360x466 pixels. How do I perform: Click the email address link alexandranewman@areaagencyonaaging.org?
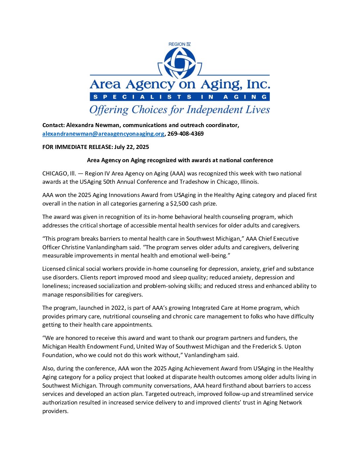pos(103,134)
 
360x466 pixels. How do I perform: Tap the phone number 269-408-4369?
pos(185,134)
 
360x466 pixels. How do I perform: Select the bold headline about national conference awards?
pos(180,160)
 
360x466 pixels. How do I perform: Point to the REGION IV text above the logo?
pos(179,44)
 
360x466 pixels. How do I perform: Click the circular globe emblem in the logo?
pos(180,63)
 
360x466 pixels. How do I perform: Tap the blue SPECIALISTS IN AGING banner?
pos(180,97)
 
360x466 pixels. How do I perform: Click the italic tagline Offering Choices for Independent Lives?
pos(180,110)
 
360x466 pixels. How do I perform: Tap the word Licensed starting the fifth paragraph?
pos(54,269)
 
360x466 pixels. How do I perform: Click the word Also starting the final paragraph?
pos(49,368)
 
